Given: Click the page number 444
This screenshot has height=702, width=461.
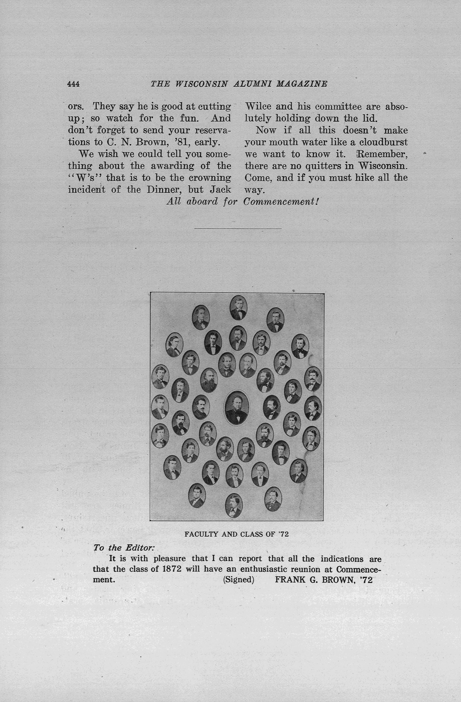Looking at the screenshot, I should click(73, 84).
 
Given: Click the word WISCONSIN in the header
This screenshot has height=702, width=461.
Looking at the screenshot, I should click(201, 84).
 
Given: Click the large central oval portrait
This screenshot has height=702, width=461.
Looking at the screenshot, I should click(237, 408).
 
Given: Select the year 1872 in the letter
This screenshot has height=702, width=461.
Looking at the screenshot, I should click(172, 569).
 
